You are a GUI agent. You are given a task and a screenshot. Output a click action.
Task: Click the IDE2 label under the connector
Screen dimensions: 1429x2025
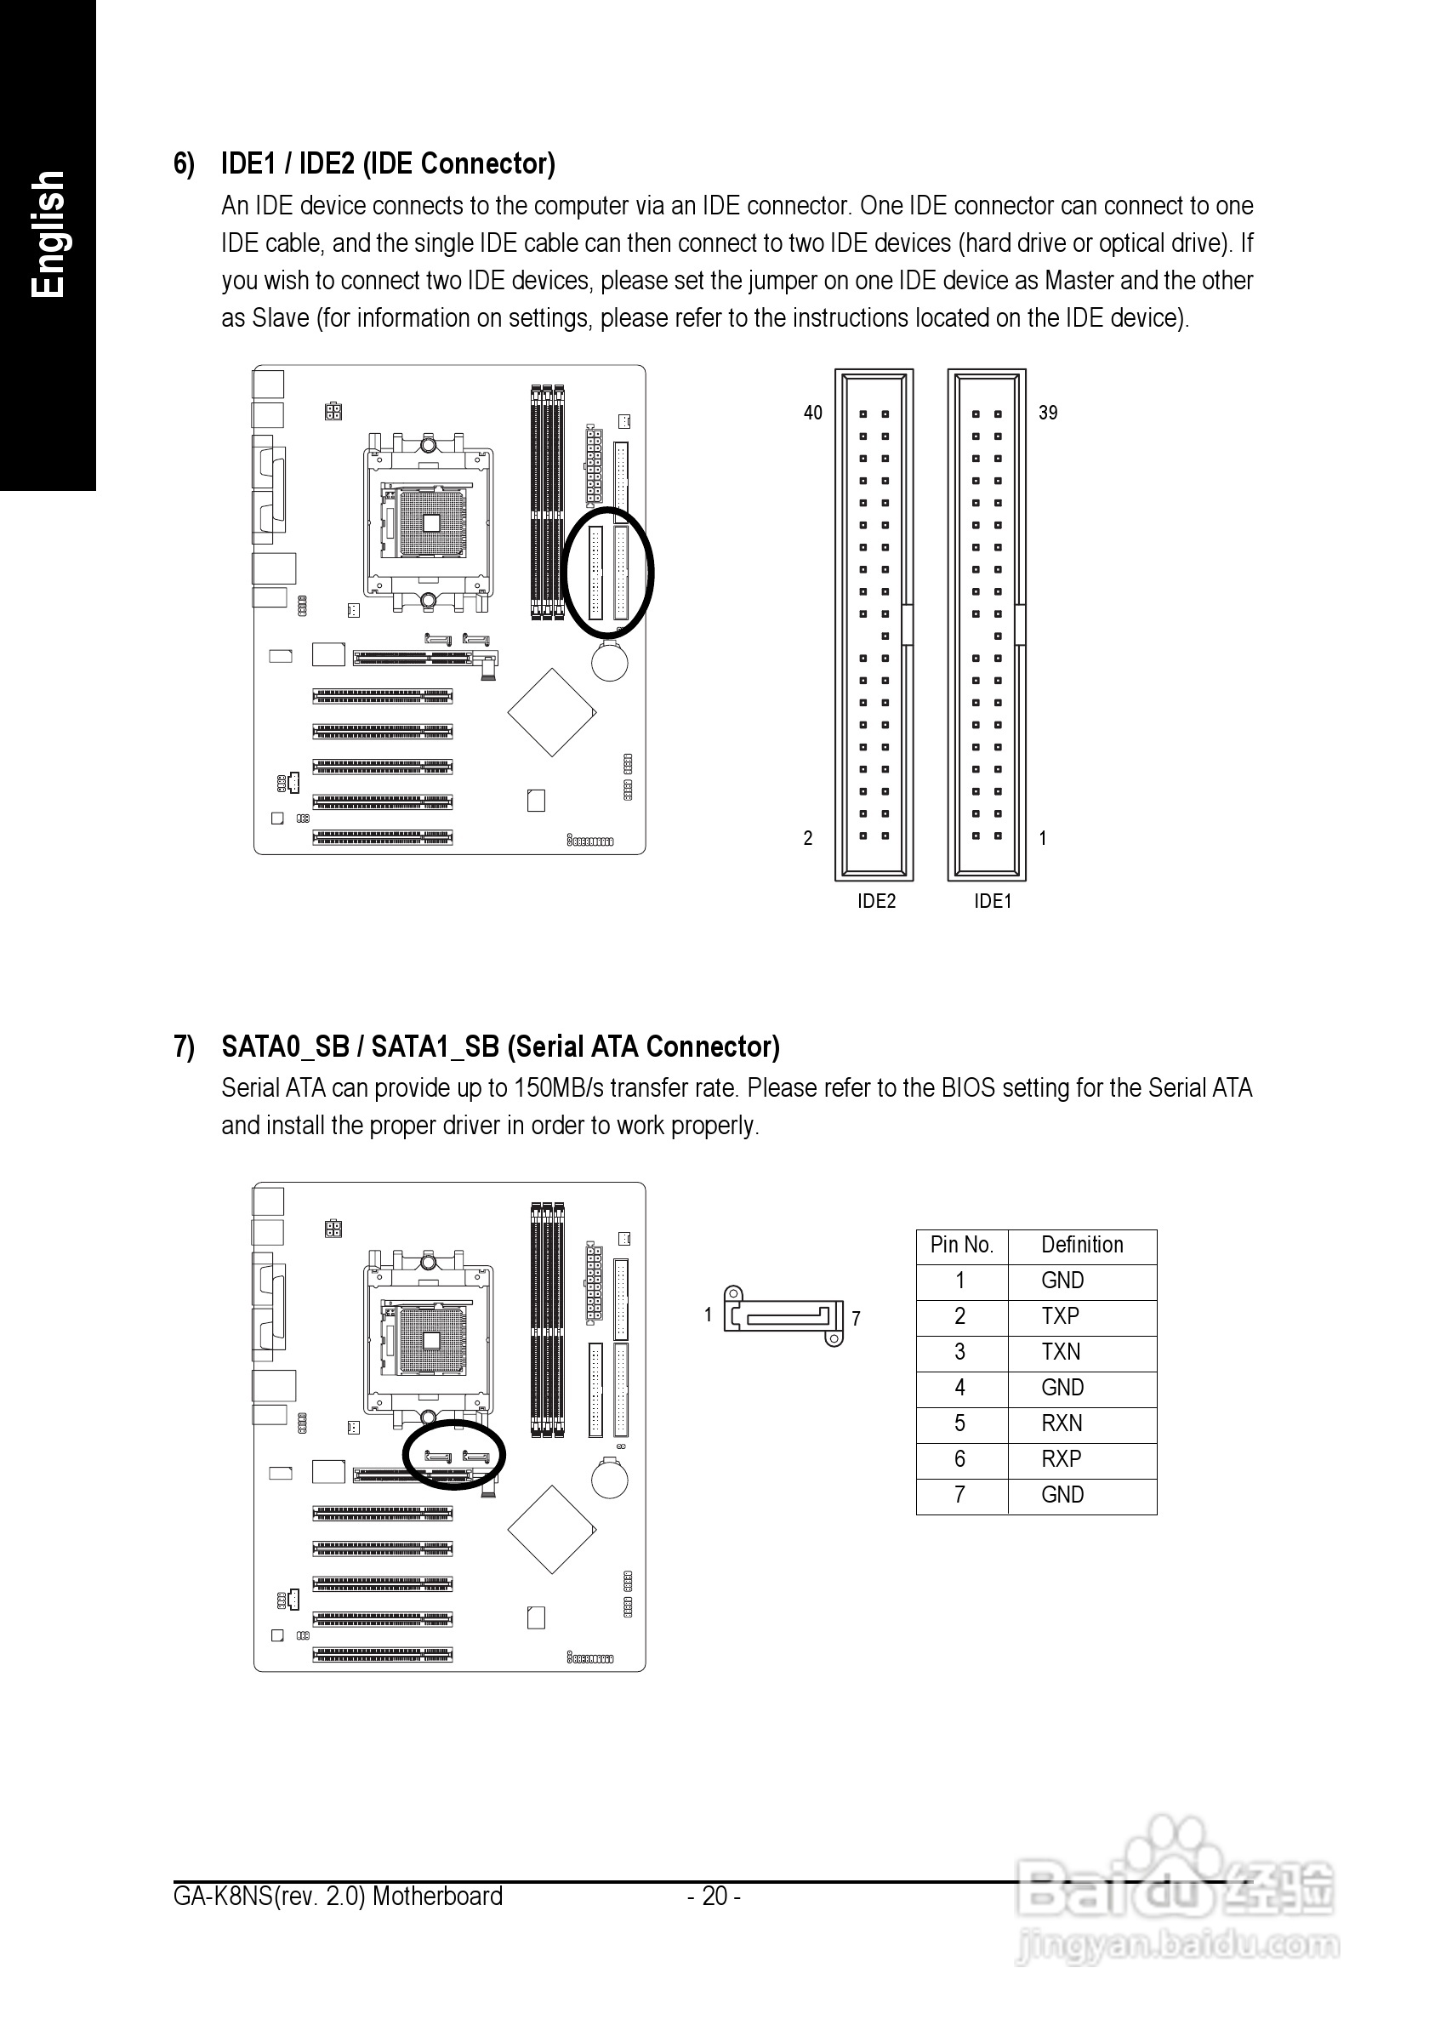click(x=876, y=900)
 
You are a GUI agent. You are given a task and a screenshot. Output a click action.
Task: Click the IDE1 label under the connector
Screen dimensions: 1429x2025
click(x=993, y=900)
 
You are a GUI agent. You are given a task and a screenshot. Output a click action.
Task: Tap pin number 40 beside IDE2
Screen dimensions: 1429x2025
click(x=813, y=413)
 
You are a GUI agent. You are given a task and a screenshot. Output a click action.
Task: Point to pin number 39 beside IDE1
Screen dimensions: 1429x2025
click(x=1048, y=413)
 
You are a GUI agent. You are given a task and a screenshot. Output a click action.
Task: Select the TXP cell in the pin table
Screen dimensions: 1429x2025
click(x=1061, y=1316)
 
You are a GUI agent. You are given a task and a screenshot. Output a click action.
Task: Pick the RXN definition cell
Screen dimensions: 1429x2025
click(x=1062, y=1423)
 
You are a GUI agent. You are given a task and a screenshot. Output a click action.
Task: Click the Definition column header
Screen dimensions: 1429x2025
click(x=1083, y=1245)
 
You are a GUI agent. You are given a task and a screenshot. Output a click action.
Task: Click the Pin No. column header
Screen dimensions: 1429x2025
click(x=962, y=1245)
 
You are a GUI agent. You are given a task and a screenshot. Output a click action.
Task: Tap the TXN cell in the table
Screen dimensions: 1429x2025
click(x=1061, y=1351)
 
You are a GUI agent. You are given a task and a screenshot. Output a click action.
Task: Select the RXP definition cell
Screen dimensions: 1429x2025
click(x=1062, y=1459)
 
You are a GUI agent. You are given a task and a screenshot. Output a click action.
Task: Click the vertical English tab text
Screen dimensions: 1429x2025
click(x=48, y=235)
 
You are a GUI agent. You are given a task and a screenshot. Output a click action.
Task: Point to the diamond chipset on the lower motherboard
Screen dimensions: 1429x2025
click(x=552, y=1529)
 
